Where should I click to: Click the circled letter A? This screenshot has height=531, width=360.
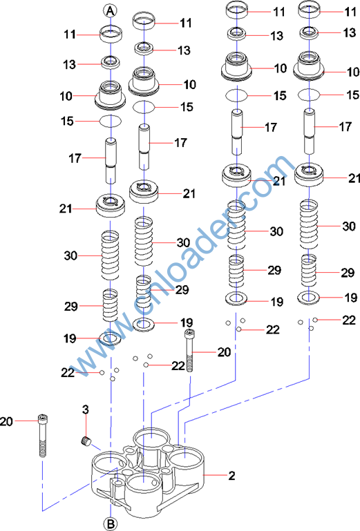pyautogui.click(x=111, y=11)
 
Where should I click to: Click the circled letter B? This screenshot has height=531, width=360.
pyautogui.click(x=111, y=523)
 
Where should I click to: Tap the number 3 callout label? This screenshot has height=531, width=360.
pyautogui.click(x=86, y=409)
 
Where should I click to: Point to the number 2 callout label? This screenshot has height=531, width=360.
pyautogui.click(x=231, y=476)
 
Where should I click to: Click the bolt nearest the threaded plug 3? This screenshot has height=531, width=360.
pyautogui.click(x=42, y=435)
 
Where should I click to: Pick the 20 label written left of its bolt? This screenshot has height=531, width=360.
pyautogui.click(x=6, y=422)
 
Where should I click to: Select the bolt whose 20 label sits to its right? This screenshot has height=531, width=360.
pyautogui.click(x=189, y=350)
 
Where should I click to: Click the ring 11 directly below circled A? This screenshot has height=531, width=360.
pyautogui.click(x=111, y=35)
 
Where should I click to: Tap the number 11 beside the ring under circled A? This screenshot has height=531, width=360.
pyautogui.click(x=70, y=35)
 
